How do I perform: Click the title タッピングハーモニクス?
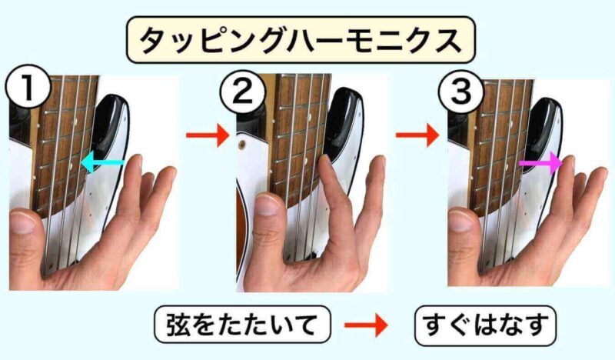[x=301, y=41]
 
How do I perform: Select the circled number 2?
[x=242, y=93]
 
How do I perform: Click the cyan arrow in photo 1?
[x=103, y=162]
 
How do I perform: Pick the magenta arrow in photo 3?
[x=541, y=163]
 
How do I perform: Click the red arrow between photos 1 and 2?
[x=208, y=135]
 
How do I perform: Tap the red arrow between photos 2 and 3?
[x=417, y=135]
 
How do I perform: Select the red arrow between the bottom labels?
[x=367, y=325]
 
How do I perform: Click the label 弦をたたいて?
[x=242, y=325]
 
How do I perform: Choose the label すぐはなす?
[x=486, y=325]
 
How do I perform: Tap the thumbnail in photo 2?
[x=268, y=205]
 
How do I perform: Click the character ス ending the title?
[x=447, y=41]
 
